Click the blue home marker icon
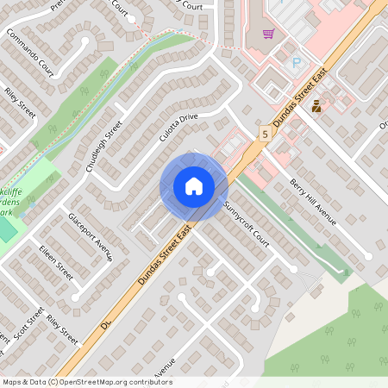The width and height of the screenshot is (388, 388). point(193,186)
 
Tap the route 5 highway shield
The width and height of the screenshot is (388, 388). point(264,134)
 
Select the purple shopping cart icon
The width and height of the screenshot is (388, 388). point(268,34)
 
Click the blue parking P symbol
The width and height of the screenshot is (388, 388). point(297,62)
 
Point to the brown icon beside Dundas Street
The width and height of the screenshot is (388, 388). point(316,107)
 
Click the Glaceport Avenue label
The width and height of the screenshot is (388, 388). point(91,235)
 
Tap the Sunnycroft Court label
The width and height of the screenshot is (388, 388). point(247,225)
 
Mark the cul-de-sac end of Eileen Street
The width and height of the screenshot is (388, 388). point(75,296)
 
